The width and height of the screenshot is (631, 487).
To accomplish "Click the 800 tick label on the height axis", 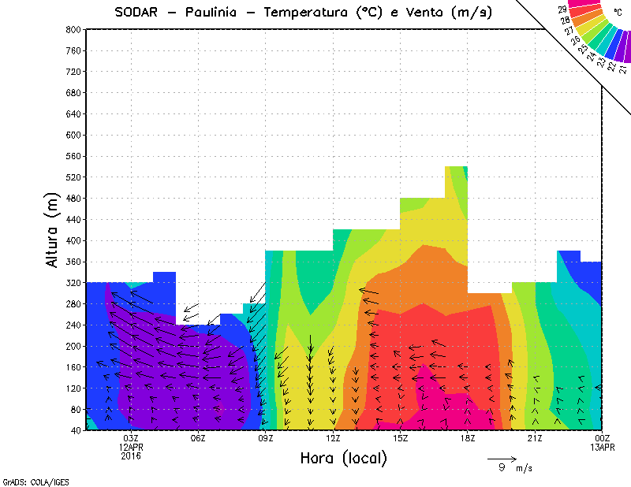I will tap(72, 29).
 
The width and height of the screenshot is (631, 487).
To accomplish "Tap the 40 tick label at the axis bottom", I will tap(74, 431).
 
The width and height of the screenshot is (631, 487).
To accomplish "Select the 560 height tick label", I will tap(72, 156).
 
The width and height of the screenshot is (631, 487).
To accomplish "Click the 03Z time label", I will tap(131, 438).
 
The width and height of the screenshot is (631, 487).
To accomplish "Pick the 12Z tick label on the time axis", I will tap(334, 438).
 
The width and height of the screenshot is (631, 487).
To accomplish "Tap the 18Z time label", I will tap(468, 438).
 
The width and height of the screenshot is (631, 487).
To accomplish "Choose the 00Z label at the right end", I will tap(603, 438).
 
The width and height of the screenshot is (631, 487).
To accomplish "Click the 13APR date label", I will tap(603, 447).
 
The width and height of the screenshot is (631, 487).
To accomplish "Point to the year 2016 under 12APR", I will tap(131, 455).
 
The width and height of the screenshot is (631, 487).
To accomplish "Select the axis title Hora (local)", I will tap(343, 458).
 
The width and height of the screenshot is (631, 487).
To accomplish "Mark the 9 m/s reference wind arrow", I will tap(502, 458).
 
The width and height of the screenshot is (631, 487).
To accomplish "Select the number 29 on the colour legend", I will tap(562, 9).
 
